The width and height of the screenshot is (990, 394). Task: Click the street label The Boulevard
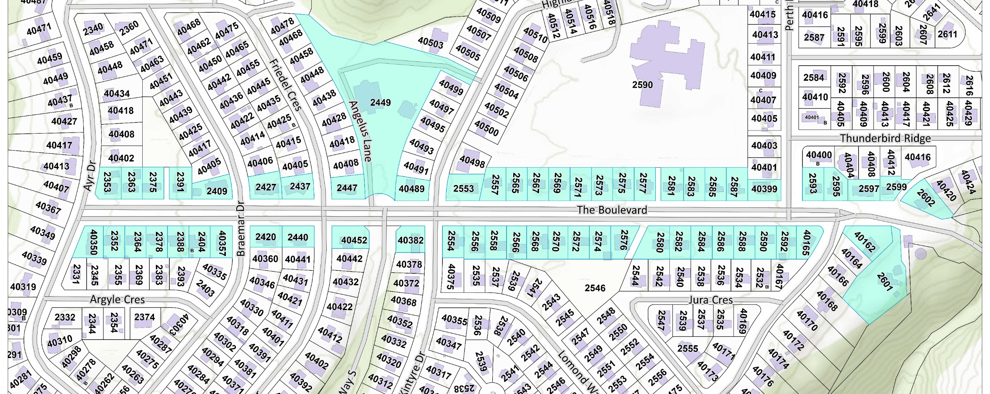[612, 210]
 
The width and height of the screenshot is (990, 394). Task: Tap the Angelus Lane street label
[360, 131]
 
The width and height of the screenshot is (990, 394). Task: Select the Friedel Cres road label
[285, 85]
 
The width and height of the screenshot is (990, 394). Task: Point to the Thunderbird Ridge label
[885, 138]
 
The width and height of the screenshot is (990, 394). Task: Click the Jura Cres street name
[710, 300]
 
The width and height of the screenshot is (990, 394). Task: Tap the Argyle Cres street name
[117, 299]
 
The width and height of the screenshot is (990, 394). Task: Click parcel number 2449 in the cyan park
[380, 103]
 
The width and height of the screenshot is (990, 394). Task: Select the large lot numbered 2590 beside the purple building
[642, 85]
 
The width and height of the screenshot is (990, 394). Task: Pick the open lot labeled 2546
[595, 288]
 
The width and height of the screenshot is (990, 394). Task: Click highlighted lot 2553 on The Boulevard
[463, 189]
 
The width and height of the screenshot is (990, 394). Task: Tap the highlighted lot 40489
[411, 189]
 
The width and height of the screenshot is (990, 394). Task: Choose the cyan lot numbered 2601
[884, 282]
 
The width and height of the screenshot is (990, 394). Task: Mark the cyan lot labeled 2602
[925, 198]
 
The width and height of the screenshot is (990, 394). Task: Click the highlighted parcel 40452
[354, 240]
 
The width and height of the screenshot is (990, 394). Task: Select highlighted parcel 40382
[410, 240]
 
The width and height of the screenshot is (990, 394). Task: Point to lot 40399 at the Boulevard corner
[764, 189]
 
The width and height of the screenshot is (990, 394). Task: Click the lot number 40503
[430, 42]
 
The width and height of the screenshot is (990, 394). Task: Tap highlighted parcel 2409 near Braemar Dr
[217, 191]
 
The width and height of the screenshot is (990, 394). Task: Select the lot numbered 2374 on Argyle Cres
[144, 317]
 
